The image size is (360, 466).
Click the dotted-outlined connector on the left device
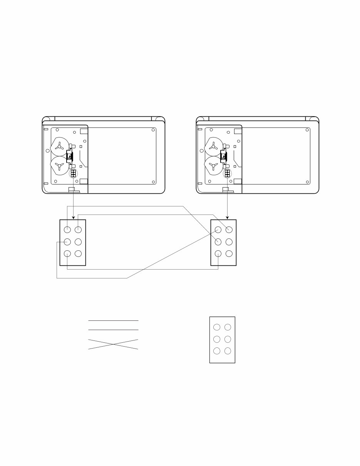(x=73, y=173)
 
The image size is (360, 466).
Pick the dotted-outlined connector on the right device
(x=227, y=173)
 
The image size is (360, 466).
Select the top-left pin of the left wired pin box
(x=67, y=230)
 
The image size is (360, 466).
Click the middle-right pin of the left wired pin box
(x=78, y=242)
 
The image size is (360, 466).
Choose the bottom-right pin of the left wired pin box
(x=78, y=254)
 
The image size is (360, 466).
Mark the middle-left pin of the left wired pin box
(x=67, y=242)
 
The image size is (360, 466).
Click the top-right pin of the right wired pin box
(x=229, y=230)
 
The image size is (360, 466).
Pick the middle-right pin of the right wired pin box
(x=229, y=242)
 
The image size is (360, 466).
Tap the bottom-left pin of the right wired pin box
(x=218, y=254)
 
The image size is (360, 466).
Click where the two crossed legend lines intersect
(x=113, y=344)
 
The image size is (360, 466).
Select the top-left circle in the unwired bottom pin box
(x=217, y=327)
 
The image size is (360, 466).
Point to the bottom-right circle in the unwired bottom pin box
(x=228, y=351)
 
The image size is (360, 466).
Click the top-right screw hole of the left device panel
(x=153, y=130)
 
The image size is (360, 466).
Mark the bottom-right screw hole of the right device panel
(x=307, y=182)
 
